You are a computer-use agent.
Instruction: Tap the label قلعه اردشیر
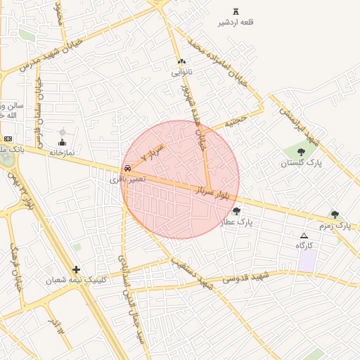point(236,22)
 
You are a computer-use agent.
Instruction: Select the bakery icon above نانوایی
point(181,61)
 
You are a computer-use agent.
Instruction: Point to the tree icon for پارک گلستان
point(301,151)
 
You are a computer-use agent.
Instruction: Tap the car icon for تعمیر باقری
point(127,169)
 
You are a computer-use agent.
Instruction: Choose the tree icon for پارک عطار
point(236,211)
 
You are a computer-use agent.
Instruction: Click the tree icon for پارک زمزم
point(335,214)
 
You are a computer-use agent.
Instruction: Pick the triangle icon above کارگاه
point(304,236)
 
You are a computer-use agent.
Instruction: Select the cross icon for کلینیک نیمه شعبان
point(76,269)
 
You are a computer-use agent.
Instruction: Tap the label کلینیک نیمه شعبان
point(76,280)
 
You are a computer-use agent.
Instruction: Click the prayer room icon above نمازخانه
point(61,143)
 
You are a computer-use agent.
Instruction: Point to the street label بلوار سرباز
point(214,191)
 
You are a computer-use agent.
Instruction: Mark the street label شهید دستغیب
point(193,274)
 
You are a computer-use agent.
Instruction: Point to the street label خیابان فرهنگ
point(16,268)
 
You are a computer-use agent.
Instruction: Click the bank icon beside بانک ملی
point(8,139)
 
